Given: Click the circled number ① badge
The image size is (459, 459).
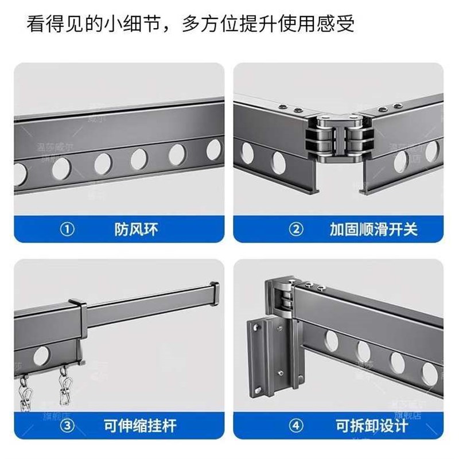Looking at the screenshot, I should [x=68, y=230].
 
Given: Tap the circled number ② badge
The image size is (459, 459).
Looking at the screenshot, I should [x=296, y=230].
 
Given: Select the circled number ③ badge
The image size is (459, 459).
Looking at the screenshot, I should [x=68, y=426].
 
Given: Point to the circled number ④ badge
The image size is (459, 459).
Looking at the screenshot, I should [x=296, y=426].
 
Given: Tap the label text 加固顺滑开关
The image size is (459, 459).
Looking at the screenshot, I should [x=374, y=230].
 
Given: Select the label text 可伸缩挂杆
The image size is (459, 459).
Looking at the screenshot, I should [x=140, y=426].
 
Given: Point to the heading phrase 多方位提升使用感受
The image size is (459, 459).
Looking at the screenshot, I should [x=268, y=24].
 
